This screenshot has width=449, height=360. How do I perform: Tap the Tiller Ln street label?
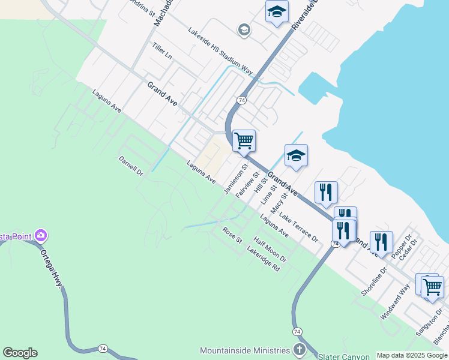pyautogui.click(x=162, y=51)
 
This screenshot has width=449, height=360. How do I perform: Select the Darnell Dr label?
pyautogui.click(x=131, y=166)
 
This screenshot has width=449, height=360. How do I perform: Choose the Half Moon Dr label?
pyautogui.click(x=270, y=249)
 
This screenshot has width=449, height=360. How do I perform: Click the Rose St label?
pyautogui.click(x=232, y=235)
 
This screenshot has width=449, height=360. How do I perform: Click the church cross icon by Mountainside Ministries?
pyautogui.click(x=299, y=349)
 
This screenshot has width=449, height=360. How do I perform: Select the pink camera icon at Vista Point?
pyautogui.click(x=41, y=235)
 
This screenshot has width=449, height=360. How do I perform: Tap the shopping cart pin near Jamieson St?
pyautogui.click(x=244, y=141)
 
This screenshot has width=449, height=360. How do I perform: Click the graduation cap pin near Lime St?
pyautogui.click(x=296, y=156)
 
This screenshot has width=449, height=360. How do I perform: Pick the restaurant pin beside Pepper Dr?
pyautogui.click(x=381, y=242)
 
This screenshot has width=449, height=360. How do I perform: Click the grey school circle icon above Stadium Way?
pyautogui.click(x=244, y=30)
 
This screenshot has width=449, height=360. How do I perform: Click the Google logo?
pyautogui.click(x=20, y=353)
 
